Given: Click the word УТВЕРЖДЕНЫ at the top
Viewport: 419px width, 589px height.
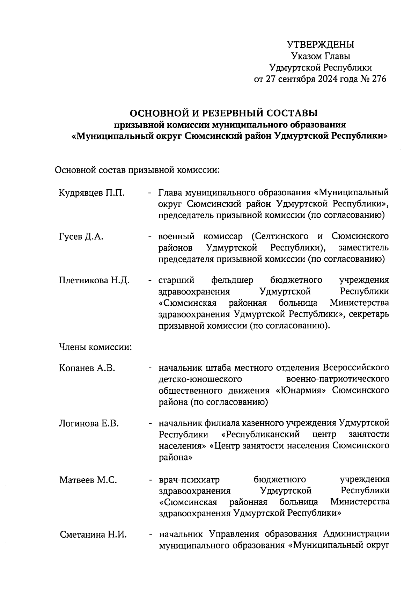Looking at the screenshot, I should [320, 45].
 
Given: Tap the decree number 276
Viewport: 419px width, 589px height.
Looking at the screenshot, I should [379, 79].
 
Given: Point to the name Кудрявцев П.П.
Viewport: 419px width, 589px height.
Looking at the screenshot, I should [92, 192].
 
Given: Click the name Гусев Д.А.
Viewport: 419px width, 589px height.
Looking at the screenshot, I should [81, 237].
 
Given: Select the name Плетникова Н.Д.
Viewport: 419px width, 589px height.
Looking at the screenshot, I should [94, 280].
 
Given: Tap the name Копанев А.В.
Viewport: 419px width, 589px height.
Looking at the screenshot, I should [87, 368].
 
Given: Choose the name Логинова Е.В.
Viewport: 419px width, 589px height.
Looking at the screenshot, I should [89, 424].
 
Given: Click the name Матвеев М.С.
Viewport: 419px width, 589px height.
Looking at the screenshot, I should [88, 480].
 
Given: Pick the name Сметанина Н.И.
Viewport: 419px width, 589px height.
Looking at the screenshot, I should [93, 535].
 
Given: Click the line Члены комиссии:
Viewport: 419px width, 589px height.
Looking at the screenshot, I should [95, 347].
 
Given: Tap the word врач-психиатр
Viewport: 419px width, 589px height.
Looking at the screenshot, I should [189, 480].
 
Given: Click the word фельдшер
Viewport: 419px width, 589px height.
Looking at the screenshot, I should [232, 280].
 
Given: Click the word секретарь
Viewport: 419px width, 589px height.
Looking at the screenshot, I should [368, 314].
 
